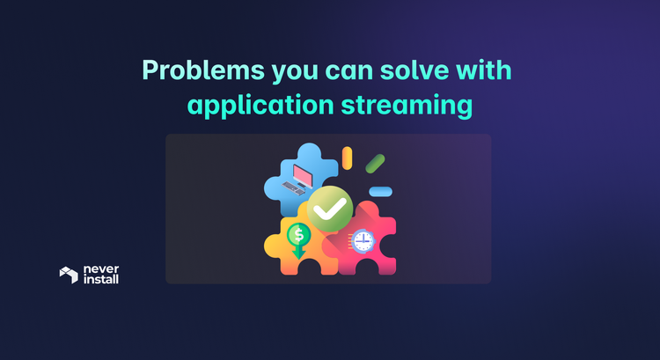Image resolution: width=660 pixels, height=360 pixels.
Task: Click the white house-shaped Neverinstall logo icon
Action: coord(69,275)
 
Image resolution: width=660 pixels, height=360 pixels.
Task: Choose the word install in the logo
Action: coord(101,280)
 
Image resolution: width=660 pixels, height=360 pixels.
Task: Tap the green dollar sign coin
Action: coord(298,235)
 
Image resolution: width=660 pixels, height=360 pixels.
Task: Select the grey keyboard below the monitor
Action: coord(293,187)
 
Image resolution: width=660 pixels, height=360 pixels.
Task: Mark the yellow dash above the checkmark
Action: coord(348,158)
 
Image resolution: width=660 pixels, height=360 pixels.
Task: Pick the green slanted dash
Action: coord(376,163)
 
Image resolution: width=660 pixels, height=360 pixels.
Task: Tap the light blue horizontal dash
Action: coord(380,191)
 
